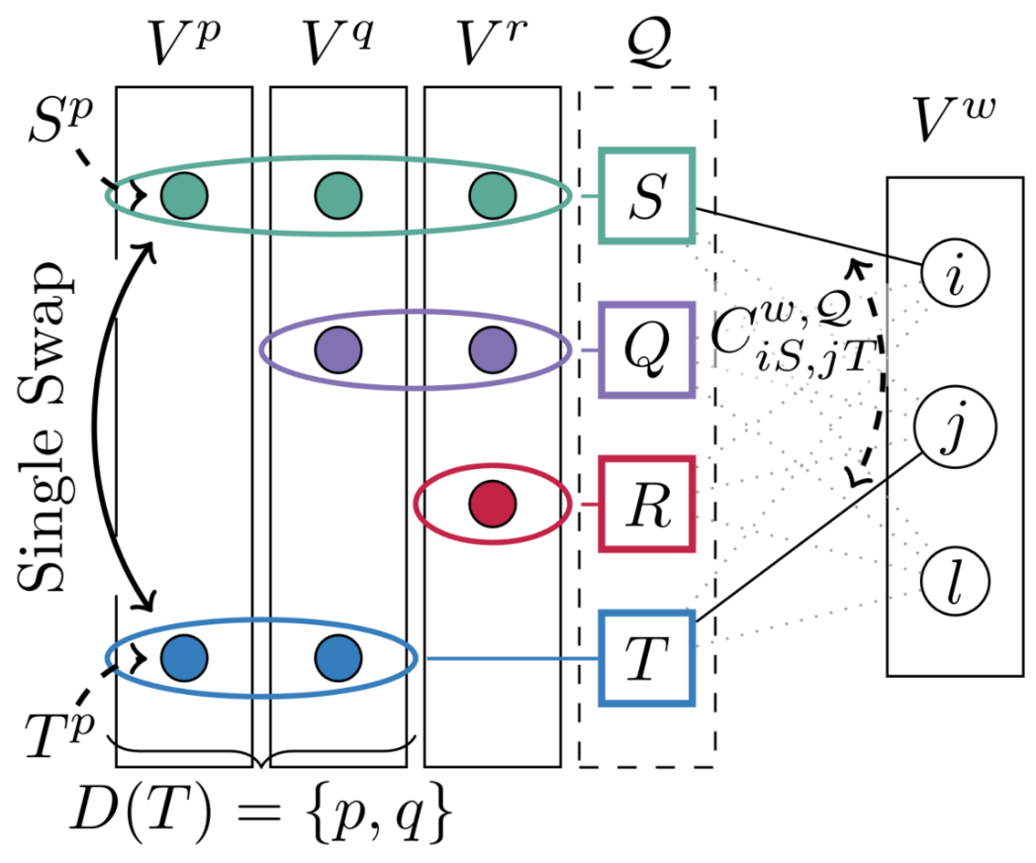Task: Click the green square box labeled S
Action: [x=647, y=195]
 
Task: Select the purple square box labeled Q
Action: [x=647, y=349]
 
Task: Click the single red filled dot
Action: [x=492, y=504]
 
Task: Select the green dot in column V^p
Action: [x=184, y=195]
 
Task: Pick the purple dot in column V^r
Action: [x=492, y=349]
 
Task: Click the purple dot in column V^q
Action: [x=338, y=349]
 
